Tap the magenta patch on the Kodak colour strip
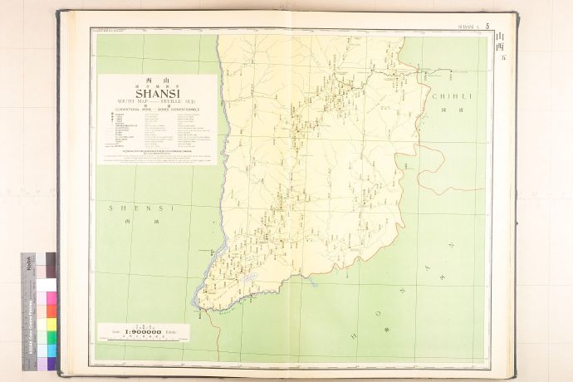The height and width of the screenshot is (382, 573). click(51, 297)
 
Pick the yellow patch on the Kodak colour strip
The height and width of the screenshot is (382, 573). click(51, 323)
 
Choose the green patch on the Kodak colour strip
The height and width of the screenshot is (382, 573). click(51, 336)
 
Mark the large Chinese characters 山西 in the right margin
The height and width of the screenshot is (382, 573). click(499, 42)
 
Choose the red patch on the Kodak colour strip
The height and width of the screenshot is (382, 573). click(51, 311)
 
